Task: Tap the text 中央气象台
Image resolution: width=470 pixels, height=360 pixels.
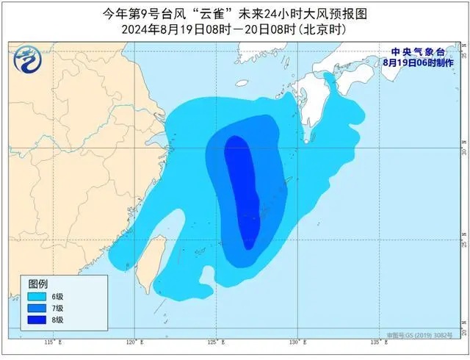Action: (417, 51)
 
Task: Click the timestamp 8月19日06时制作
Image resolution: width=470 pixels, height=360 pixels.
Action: (417, 62)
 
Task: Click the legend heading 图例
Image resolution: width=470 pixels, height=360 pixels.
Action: (38, 284)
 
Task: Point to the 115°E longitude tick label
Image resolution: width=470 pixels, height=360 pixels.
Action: (50, 342)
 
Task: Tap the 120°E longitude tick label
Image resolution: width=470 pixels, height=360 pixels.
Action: (132, 342)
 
